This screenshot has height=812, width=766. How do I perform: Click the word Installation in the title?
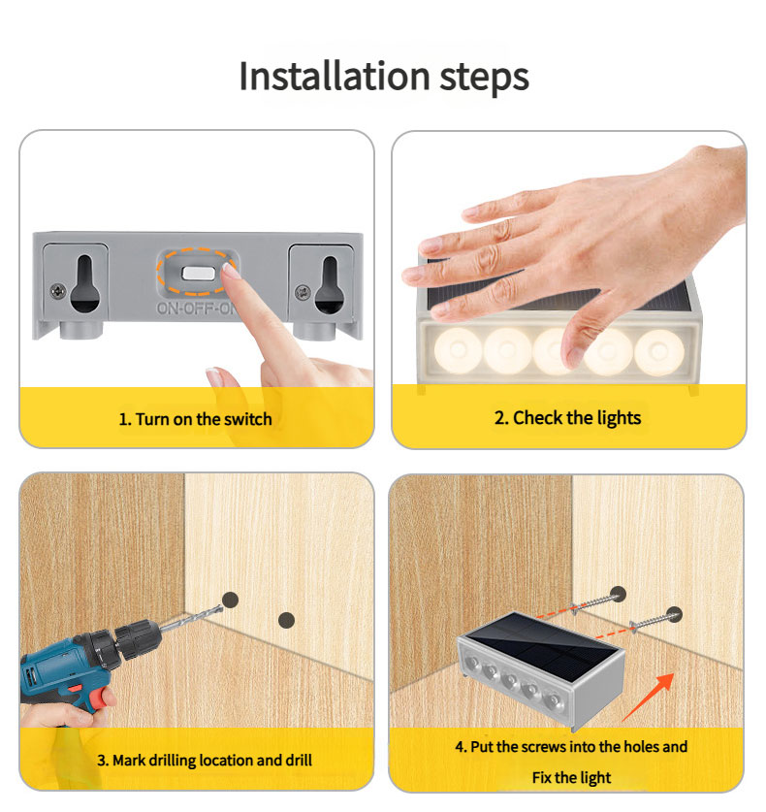pyautogui.click(x=335, y=76)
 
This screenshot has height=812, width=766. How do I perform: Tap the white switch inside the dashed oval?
pyautogui.click(x=198, y=273)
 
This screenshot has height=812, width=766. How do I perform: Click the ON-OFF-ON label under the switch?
pyautogui.click(x=197, y=309)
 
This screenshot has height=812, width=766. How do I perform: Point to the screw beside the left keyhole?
pyautogui.click(x=57, y=290)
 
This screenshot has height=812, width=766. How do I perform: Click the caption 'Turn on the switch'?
pyautogui.click(x=204, y=419)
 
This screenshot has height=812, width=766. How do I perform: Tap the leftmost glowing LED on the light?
pyautogui.click(x=458, y=350)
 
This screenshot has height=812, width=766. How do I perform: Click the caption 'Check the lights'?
pyautogui.click(x=577, y=418)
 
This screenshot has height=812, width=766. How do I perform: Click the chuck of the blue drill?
pyautogui.click(x=137, y=639)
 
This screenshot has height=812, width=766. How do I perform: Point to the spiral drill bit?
pyautogui.click(x=190, y=618)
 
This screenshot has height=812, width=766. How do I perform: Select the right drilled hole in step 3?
pyautogui.click(x=286, y=620)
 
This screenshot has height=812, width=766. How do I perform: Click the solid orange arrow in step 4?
pyautogui.click(x=649, y=697)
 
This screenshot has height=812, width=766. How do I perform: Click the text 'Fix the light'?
pyautogui.click(x=571, y=778)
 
